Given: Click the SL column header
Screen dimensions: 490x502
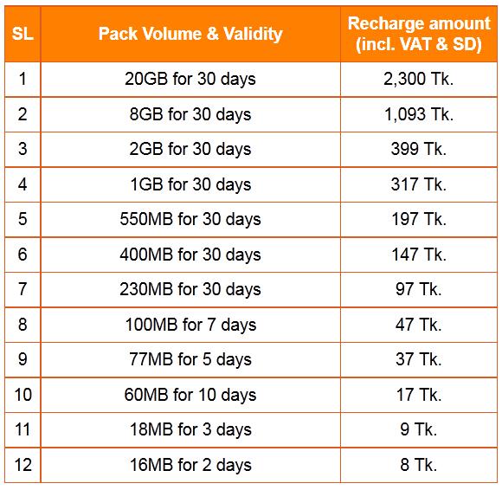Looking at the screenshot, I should click(x=22, y=35).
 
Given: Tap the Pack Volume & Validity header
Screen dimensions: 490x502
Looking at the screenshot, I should click(x=190, y=35).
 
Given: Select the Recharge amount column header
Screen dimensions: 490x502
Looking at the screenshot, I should click(x=419, y=35).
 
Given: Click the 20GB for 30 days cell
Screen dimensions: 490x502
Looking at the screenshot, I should click(x=190, y=80).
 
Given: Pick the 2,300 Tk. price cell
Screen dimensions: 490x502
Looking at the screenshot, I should click(x=419, y=80).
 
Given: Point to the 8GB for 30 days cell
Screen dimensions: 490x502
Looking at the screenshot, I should click(x=190, y=114).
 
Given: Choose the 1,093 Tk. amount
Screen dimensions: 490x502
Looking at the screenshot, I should click(x=419, y=114).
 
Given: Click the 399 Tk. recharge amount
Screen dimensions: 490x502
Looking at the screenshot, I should click(x=419, y=149).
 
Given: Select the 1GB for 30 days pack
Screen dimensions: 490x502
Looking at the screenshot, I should click(x=190, y=184).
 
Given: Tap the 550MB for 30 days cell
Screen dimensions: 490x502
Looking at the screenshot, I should click(x=190, y=219).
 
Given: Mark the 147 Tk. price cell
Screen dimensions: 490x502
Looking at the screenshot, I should click(x=419, y=255).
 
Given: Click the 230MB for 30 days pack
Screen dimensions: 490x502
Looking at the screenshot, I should click(x=190, y=289).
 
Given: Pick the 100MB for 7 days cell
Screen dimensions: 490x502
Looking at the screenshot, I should click(x=190, y=325).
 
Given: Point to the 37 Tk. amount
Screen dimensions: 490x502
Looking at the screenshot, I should click(x=419, y=359).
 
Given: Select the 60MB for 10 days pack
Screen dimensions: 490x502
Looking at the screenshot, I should click(x=190, y=395).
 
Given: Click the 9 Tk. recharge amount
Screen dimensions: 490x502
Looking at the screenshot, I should click(x=419, y=429).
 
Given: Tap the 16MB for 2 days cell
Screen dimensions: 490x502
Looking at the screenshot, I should click(x=190, y=465).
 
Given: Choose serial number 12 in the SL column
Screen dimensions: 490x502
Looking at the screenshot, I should click(x=22, y=465).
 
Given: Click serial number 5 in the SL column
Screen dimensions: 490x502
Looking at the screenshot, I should click(x=22, y=219).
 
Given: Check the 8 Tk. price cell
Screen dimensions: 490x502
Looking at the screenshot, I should click(x=419, y=465).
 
